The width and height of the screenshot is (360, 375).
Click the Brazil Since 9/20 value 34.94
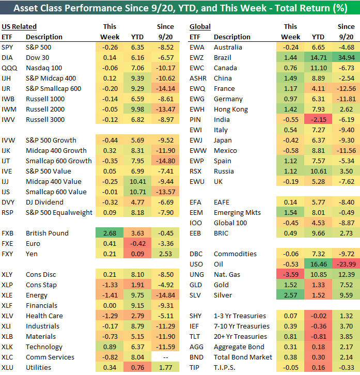tap(346, 57)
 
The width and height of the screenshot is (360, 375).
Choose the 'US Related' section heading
tap(19, 26)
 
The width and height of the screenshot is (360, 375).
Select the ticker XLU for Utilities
tap(9, 367)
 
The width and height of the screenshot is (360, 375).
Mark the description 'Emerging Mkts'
tap(237, 212)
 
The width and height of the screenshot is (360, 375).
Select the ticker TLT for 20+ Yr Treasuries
tap(196, 336)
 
